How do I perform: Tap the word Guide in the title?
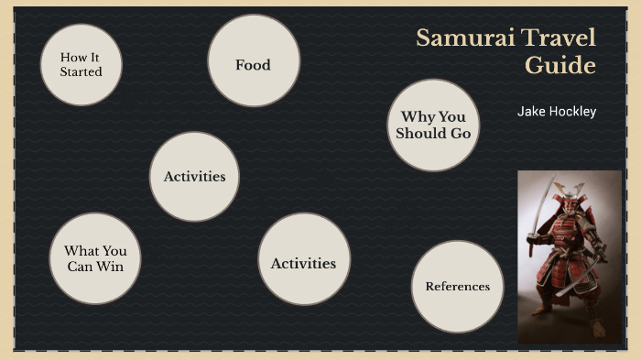(560, 66)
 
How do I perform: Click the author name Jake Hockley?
(556, 112)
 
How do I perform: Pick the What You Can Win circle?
(95, 258)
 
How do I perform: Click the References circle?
(457, 287)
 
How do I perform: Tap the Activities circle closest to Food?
(194, 177)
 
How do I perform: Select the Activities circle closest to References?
(303, 263)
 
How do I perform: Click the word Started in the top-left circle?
(81, 71)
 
